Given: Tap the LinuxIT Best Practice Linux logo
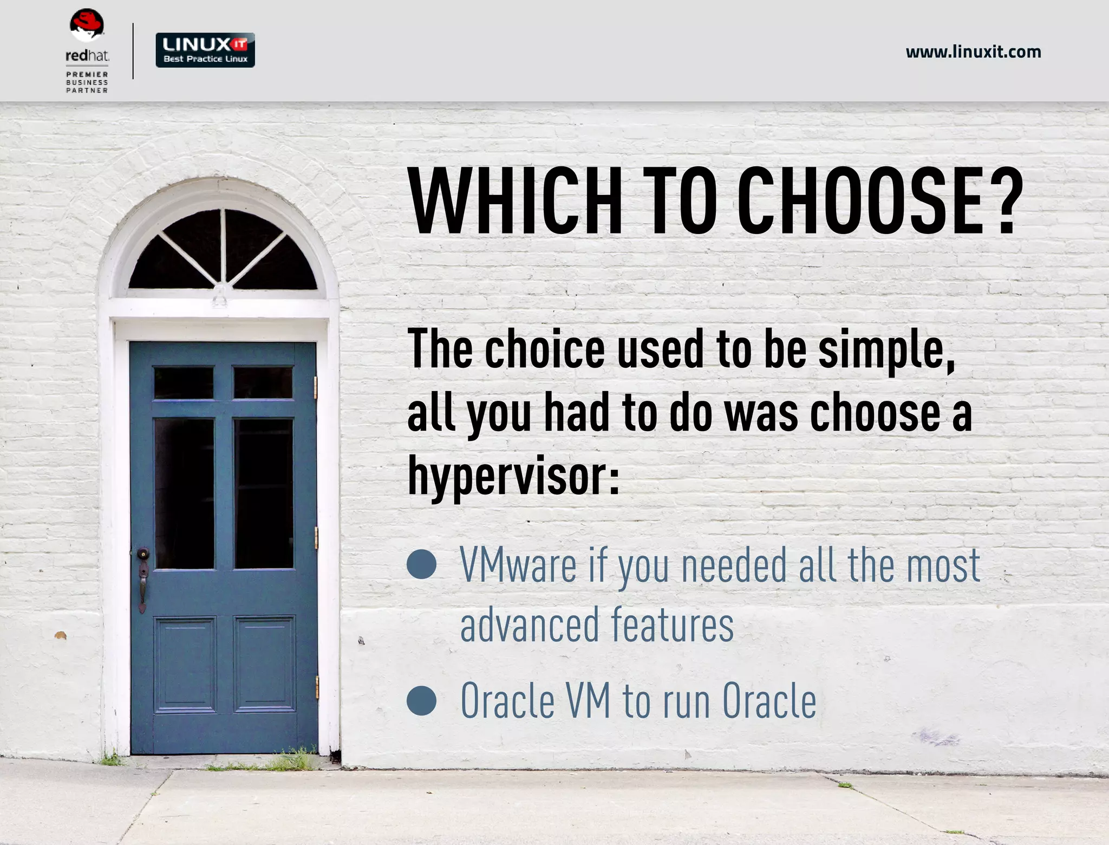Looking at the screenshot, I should point(205,50).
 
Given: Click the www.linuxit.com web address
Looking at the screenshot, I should point(973,52).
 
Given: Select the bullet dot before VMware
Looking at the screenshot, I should point(421,564).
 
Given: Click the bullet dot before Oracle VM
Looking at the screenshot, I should point(421,700).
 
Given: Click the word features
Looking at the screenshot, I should point(672,626).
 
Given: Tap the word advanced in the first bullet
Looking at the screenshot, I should point(530,626).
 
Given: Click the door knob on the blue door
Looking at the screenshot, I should point(143,554).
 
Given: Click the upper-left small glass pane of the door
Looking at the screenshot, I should point(184,382).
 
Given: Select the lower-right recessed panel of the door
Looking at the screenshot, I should point(265,664).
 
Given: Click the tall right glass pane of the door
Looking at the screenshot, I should point(264,493).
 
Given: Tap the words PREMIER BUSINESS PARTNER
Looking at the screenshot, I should point(87,82).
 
